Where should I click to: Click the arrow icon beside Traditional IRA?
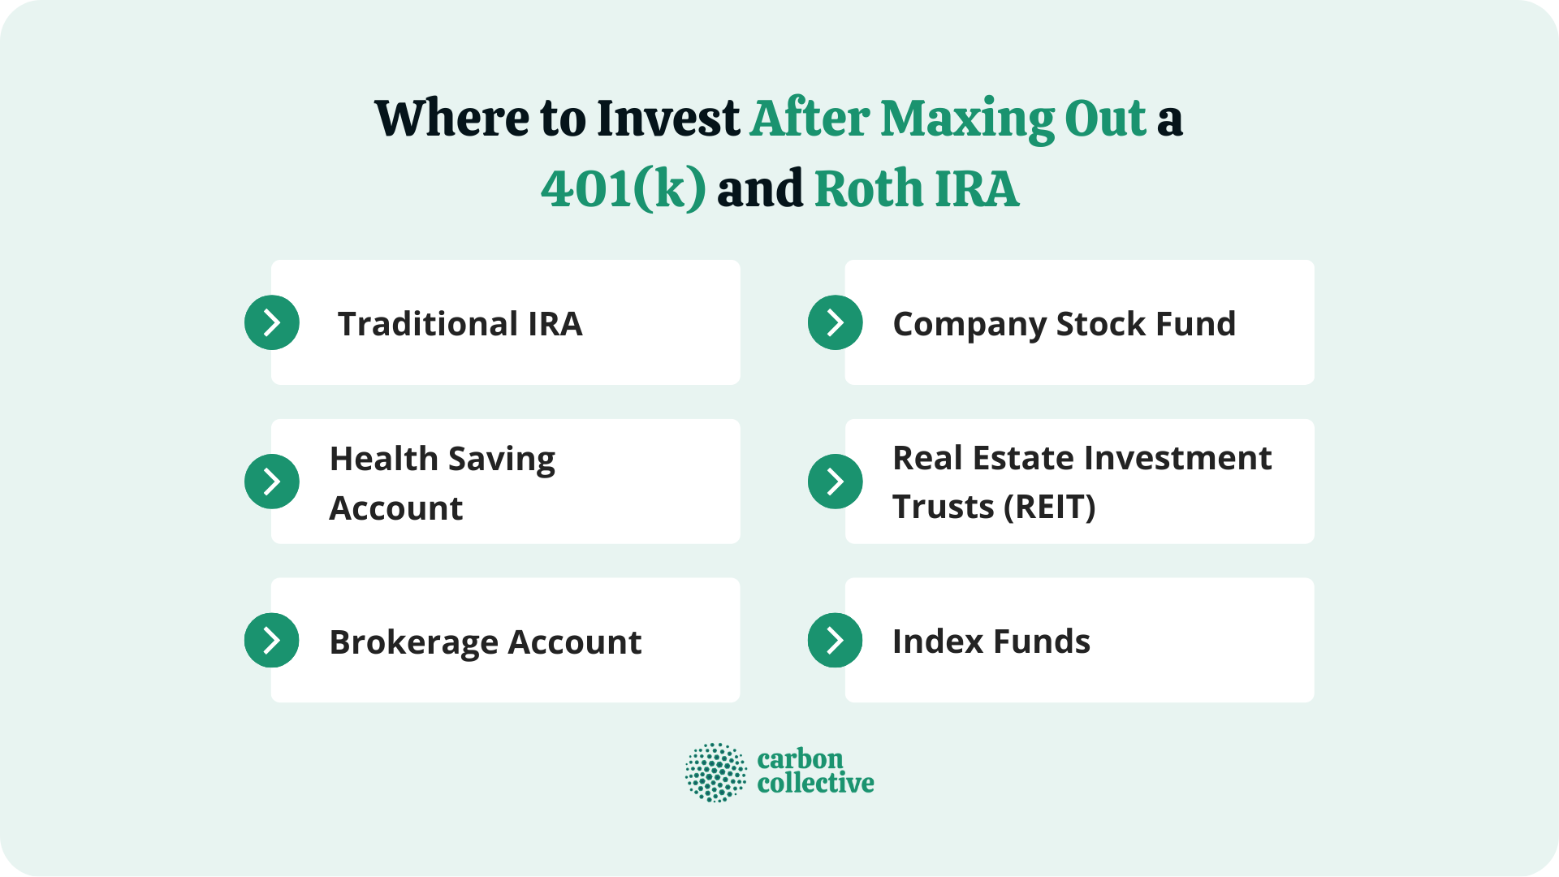tap(272, 322)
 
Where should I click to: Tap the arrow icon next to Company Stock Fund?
tap(836, 322)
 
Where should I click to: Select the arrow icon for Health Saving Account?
tap(272, 482)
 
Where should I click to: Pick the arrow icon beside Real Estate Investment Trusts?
tap(836, 482)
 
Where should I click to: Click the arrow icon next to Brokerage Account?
tap(272, 641)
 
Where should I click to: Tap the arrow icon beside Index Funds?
tap(836, 641)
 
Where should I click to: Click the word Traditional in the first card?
tap(427, 324)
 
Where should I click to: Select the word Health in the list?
tap(383, 459)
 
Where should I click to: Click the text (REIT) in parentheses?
tap(1049, 508)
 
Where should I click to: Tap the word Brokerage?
tap(413, 642)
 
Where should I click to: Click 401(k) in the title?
tap(623, 188)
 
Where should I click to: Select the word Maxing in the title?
tap(967, 119)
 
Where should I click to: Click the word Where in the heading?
tap(452, 119)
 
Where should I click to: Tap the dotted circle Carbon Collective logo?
tap(715, 772)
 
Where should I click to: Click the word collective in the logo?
tap(815, 784)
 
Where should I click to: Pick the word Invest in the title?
tap(667, 119)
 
